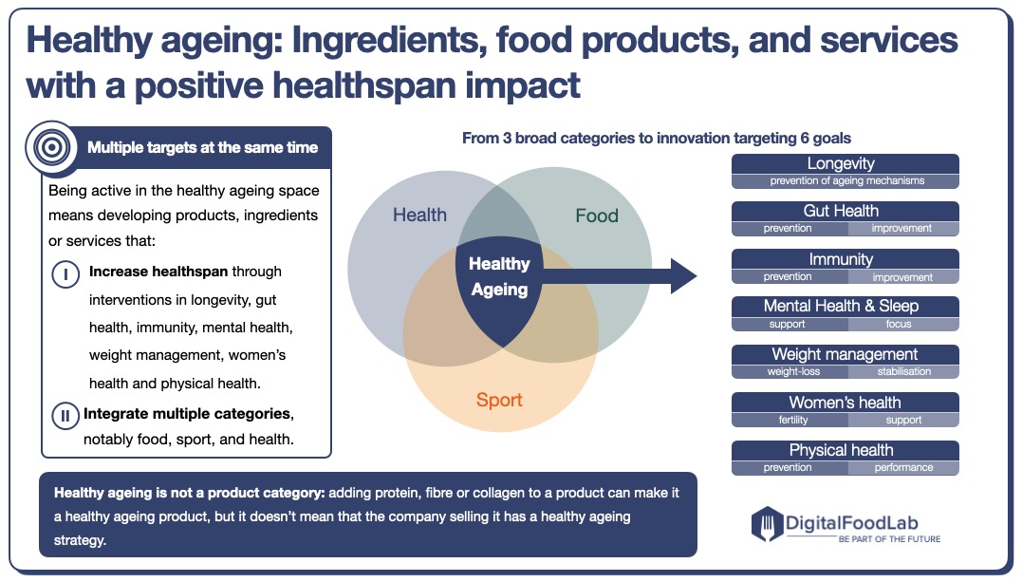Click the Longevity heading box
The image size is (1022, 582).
(x=845, y=164)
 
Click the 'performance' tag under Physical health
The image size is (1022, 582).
(x=903, y=467)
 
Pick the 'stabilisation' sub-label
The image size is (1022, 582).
(x=903, y=371)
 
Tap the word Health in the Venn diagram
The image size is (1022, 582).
(x=419, y=215)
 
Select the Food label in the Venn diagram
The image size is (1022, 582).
(x=597, y=216)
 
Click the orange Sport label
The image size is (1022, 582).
(x=499, y=400)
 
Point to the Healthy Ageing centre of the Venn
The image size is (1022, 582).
(x=499, y=276)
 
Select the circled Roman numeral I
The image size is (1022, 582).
(x=65, y=273)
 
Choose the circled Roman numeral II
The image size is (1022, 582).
(x=65, y=414)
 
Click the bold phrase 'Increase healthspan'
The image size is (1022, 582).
(x=158, y=272)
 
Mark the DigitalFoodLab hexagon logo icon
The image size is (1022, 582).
(x=766, y=523)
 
